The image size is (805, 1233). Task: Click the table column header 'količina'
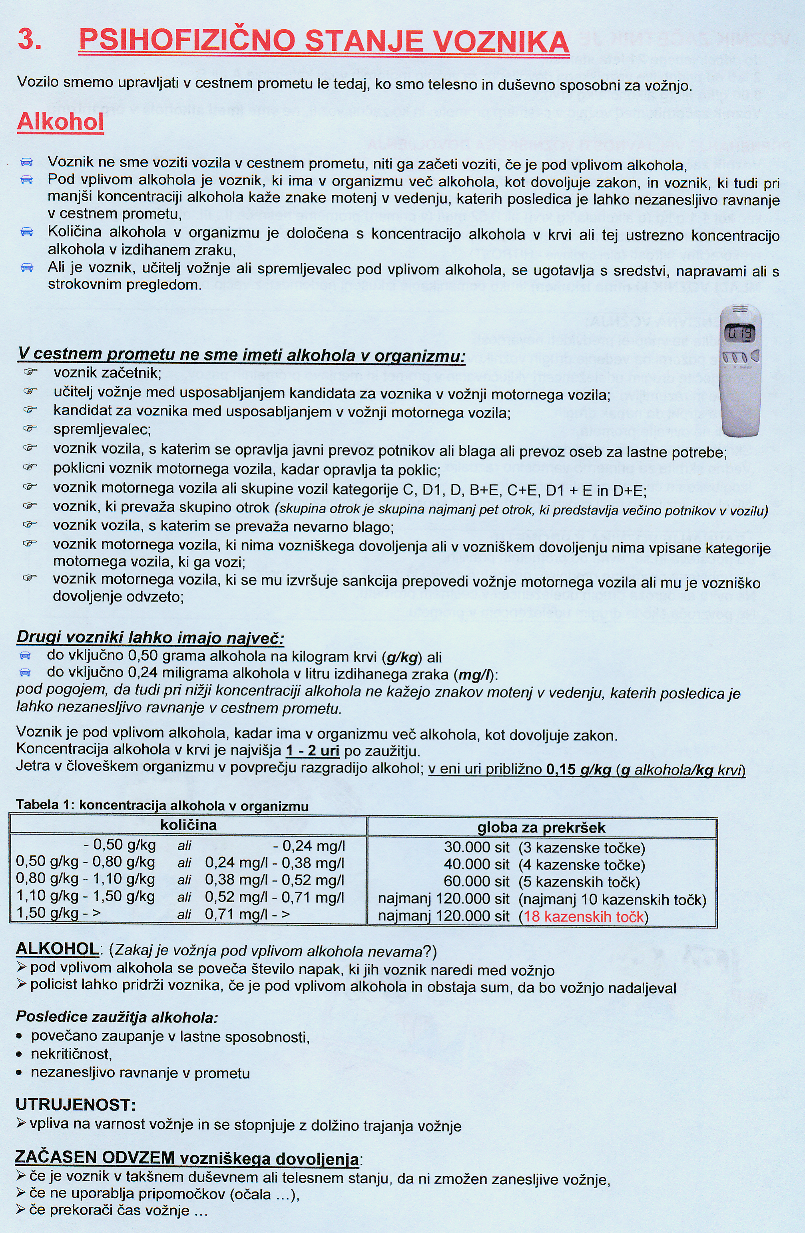[188, 825]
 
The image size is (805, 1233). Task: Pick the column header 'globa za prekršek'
[541, 827]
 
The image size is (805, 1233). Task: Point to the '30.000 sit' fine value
[477, 848]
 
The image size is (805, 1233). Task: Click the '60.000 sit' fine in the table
[477, 882]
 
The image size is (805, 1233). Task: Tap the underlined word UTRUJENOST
[75, 1105]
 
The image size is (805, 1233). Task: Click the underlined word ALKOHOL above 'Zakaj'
[57, 949]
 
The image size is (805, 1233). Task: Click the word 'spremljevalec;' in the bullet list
[102, 430]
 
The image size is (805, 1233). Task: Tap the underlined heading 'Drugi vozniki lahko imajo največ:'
[150, 638]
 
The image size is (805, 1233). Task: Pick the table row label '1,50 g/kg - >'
[58, 913]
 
